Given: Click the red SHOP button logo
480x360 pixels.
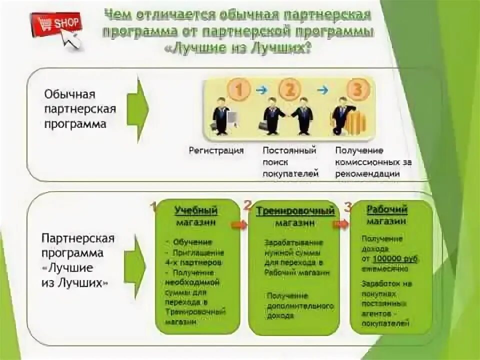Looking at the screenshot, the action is click(56, 24).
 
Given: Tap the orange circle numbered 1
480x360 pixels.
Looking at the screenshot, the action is click(239, 90).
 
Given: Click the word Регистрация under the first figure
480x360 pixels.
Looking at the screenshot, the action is click(216, 150).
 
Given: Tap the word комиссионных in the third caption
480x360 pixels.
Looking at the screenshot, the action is click(367, 162).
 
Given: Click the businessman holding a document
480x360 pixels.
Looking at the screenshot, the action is click(221, 118).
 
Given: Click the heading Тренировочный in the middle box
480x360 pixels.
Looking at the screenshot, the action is click(295, 211).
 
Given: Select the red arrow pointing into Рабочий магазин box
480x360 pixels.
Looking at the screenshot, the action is click(341, 224).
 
